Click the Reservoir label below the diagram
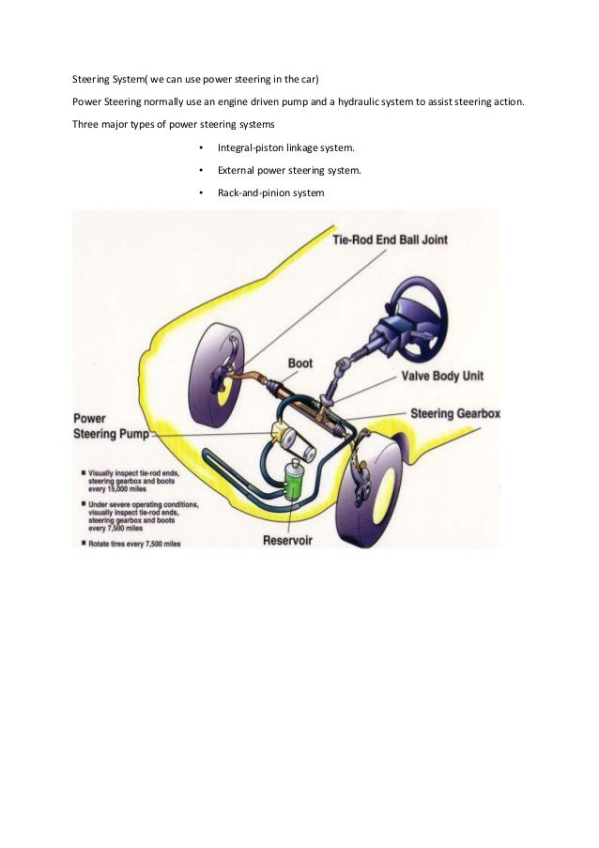pyautogui.click(x=299, y=539)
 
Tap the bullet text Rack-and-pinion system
pyautogui.click(x=270, y=193)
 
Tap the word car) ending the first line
pyautogui.click(x=309, y=78)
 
